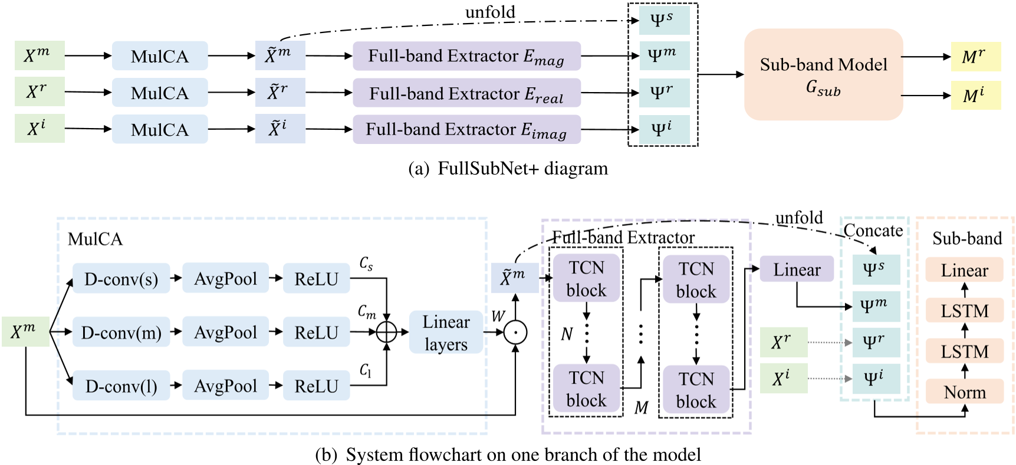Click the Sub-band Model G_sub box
tap(823, 74)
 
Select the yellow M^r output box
tap(975, 57)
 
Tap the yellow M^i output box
tap(975, 95)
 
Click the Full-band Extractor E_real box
tap(466, 93)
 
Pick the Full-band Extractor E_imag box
tap(466, 129)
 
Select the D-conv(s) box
tap(121, 279)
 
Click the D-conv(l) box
tap(121, 386)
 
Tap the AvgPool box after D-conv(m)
tap(225, 332)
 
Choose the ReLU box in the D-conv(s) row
tap(316, 279)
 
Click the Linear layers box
tap(446, 332)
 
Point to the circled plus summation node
tap(386, 332)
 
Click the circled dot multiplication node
tap(515, 332)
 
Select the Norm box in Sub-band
tap(964, 391)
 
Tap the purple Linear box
tap(797, 269)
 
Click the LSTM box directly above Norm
tap(964, 351)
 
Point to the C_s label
tap(366, 264)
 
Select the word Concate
tap(873, 230)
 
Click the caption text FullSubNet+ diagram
tap(522, 169)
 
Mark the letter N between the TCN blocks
tap(567, 335)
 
